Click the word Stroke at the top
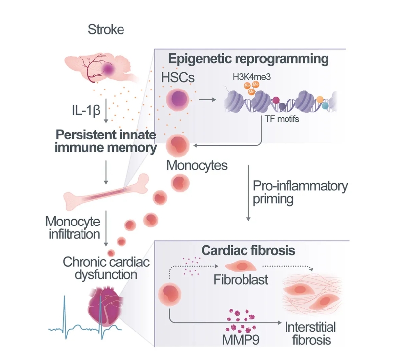(x=106, y=30)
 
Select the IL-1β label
(x=85, y=109)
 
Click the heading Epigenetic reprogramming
(x=248, y=59)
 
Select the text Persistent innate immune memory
(x=106, y=141)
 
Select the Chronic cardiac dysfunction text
(x=106, y=267)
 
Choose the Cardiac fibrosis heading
(x=248, y=250)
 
